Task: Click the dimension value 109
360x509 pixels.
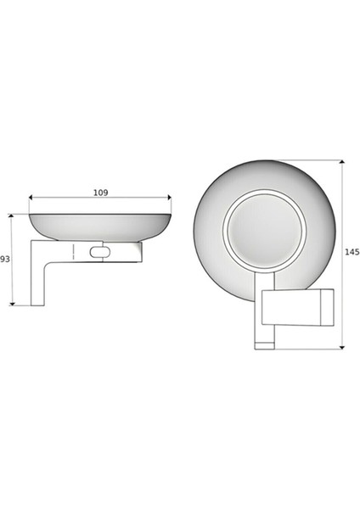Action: click(100, 193)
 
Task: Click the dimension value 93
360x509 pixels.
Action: click(4, 259)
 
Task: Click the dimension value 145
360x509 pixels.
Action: click(352, 253)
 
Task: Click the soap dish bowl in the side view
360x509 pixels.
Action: click(100, 226)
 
